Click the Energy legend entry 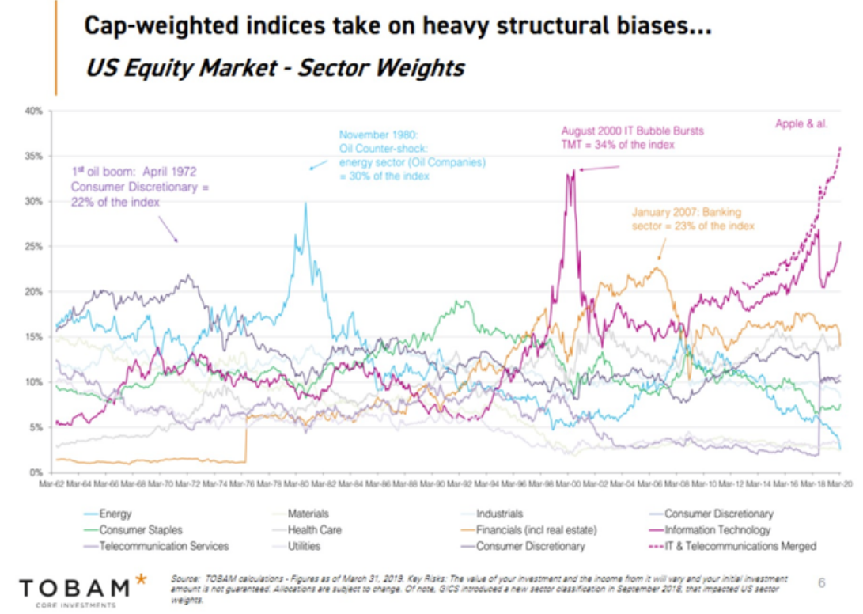click(115, 514)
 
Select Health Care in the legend click(314, 530)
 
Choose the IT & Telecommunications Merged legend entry click(740, 546)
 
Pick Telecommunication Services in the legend click(164, 546)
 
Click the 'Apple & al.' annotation click(801, 124)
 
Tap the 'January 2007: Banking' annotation click(685, 212)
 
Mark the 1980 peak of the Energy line click(305, 203)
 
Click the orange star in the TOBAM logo click(141, 579)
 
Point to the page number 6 click(821, 583)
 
